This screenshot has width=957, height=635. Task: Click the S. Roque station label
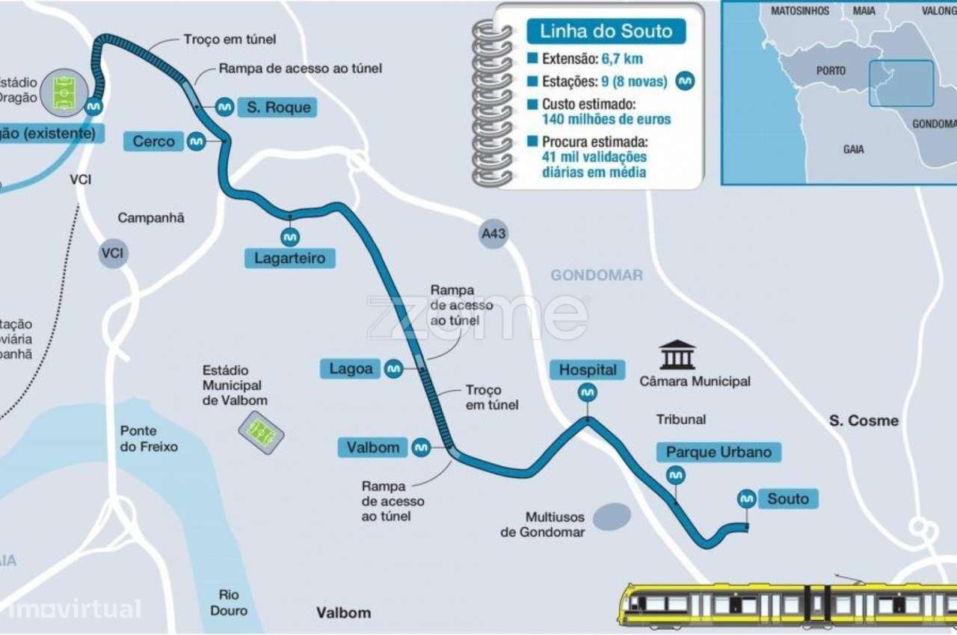(x=277, y=108)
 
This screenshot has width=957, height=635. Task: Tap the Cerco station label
(x=154, y=141)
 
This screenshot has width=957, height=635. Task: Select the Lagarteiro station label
(x=290, y=258)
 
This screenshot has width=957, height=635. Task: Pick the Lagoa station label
(x=351, y=368)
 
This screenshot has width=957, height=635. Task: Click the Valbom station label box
(x=373, y=447)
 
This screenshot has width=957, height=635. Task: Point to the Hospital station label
(x=588, y=370)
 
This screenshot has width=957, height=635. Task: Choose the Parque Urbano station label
(x=718, y=452)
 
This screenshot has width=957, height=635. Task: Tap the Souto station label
(x=788, y=498)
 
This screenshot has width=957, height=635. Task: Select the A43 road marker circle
(x=493, y=234)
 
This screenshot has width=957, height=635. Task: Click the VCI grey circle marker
(x=113, y=254)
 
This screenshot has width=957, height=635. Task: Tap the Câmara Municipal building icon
(x=677, y=355)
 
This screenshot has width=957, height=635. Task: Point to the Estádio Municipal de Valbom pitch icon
(x=261, y=432)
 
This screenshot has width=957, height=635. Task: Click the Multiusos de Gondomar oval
(x=612, y=517)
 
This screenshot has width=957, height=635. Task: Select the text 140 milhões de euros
(x=606, y=120)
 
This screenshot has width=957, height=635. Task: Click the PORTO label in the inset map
(x=831, y=71)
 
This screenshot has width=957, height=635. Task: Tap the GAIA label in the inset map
(x=853, y=149)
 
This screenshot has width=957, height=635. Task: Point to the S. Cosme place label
(x=864, y=421)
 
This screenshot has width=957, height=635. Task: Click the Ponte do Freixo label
(x=150, y=439)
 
